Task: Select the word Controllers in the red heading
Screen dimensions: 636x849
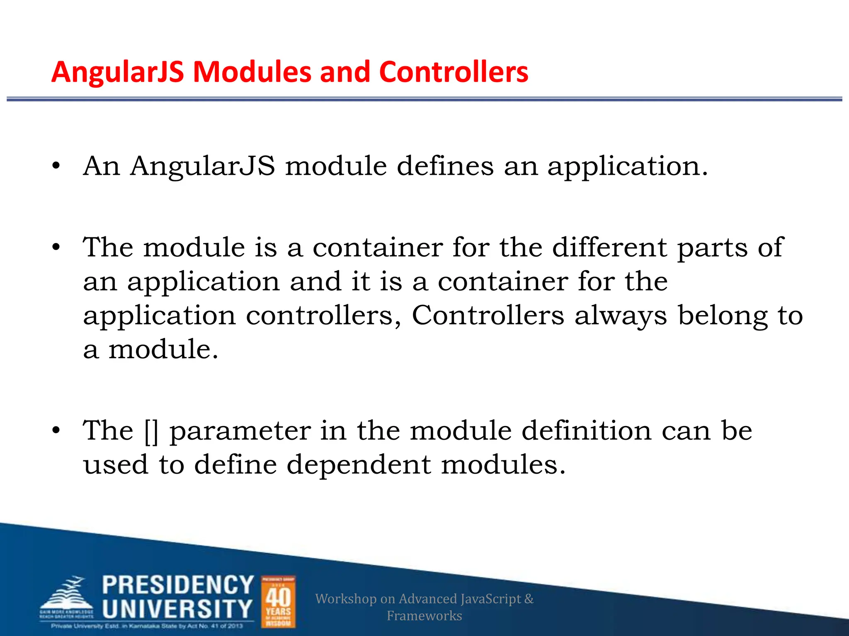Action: (x=454, y=72)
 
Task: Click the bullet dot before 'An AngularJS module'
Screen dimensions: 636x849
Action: (x=56, y=166)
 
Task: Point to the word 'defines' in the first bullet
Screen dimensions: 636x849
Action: (x=445, y=166)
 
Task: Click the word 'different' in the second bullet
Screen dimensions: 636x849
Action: (x=609, y=248)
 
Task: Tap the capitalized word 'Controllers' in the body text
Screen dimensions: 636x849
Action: (x=488, y=316)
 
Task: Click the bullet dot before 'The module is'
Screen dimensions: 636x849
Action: (x=56, y=248)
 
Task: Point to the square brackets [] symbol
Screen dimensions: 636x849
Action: (x=152, y=431)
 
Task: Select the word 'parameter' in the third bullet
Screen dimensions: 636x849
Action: (x=240, y=431)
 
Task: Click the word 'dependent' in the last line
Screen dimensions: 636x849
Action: (x=359, y=465)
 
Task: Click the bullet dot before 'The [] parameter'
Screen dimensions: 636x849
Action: (x=56, y=431)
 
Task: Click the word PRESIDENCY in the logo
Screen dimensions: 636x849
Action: (x=178, y=585)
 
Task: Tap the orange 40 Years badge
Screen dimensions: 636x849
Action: (x=278, y=602)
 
